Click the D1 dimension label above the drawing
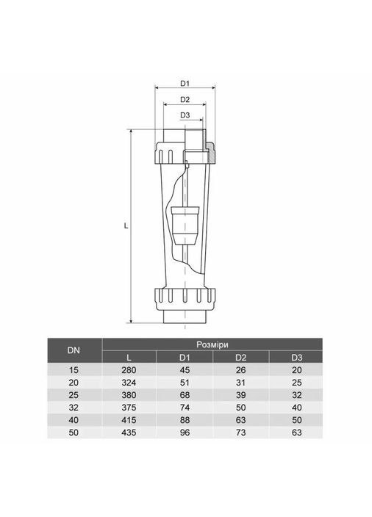tap(185, 82)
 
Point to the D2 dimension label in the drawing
tap(185, 99)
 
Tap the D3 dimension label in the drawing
tap(185, 115)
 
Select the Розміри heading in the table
tap(213, 344)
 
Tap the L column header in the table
tap(129, 358)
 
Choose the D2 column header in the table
tap(240, 358)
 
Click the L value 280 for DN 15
tap(129, 369)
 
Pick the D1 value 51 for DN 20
tap(185, 382)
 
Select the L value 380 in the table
tap(129, 394)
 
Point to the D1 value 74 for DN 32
tap(185, 407)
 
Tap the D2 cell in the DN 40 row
tap(240, 419)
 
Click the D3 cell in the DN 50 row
tap(296, 432)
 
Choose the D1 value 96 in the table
tap(185, 432)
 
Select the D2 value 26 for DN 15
tap(240, 369)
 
